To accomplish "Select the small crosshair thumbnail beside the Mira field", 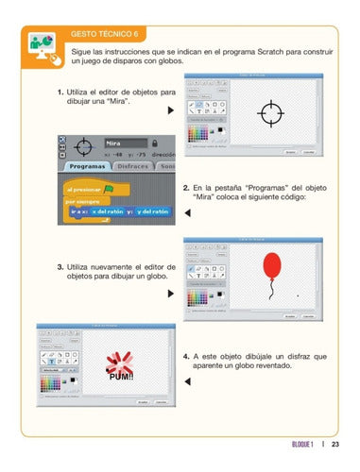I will point(83,147).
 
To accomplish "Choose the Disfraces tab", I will point(131,165).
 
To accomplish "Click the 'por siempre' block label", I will point(83,201).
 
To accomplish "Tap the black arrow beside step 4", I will point(187,381).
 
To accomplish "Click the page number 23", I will point(335,446).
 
